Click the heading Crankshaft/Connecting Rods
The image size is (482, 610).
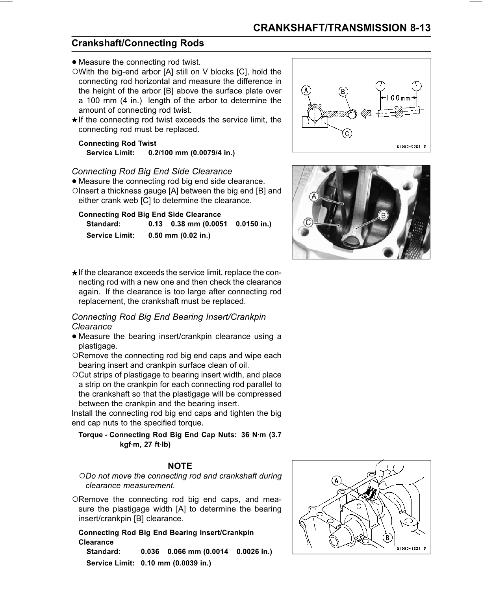click(x=138, y=43)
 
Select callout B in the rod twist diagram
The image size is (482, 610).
click(x=343, y=92)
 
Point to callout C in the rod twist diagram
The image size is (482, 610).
click(x=347, y=134)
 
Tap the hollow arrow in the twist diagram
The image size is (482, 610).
click(x=366, y=113)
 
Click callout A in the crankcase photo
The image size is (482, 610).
click(x=314, y=196)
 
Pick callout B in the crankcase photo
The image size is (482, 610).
click(x=383, y=215)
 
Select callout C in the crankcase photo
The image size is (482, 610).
click(x=309, y=222)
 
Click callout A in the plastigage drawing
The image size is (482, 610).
click(x=336, y=480)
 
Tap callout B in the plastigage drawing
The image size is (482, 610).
click(x=387, y=537)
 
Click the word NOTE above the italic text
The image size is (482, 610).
click(x=180, y=466)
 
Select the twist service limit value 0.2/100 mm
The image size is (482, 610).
click(x=191, y=153)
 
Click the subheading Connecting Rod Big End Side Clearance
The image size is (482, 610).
click(x=152, y=171)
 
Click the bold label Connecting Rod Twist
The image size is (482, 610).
click(x=117, y=143)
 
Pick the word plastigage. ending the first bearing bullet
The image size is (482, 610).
click(x=98, y=346)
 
